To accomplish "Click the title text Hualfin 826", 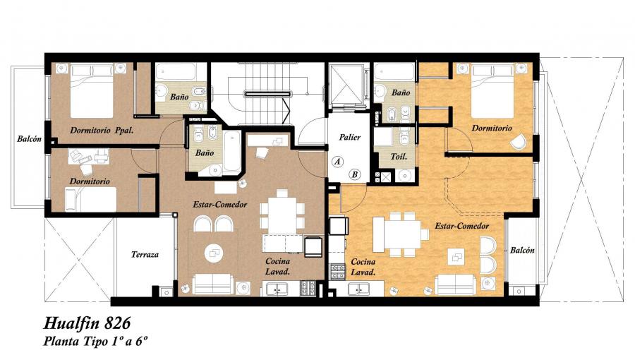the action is tap(87, 323).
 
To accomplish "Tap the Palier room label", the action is tap(349, 137).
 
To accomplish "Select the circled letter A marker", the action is tap(337, 162).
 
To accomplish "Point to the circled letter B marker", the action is tap(355, 174).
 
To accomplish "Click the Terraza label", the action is tap(145, 255).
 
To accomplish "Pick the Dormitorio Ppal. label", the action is tap(102, 131).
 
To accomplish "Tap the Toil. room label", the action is tap(399, 156).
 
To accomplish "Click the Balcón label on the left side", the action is tap(29, 139).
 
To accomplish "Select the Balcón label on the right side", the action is tap(522, 251).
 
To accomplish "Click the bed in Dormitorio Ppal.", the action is tap(92, 91).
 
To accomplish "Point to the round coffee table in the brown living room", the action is tap(213, 254).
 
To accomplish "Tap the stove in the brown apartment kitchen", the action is tap(308, 287).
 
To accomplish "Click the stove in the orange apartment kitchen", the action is tap(338, 271).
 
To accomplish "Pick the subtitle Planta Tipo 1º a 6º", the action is tap(95, 342).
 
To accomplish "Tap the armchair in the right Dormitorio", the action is tap(518, 142).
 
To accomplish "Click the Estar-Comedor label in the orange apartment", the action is tap(461, 226).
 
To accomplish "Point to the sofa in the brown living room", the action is tap(212, 284).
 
